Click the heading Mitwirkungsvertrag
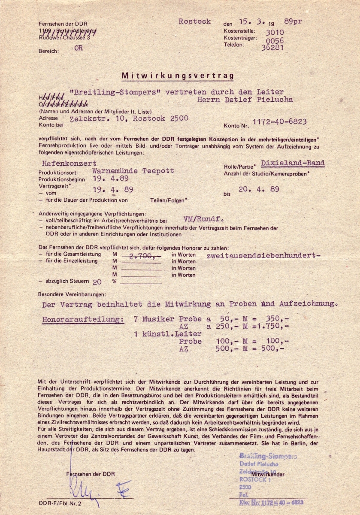178,76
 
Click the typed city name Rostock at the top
194,21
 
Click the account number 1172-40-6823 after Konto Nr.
280,121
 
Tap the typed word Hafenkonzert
69,163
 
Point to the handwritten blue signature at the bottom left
99,488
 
